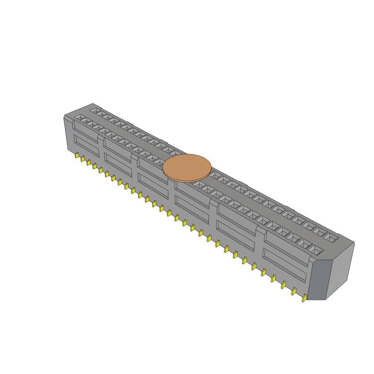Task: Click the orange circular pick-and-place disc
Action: (187, 168)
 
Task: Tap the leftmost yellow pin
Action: (77, 156)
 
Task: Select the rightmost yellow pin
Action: (304, 299)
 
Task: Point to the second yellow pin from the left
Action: (83, 159)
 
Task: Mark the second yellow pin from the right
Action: (293, 291)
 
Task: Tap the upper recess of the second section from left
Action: (118, 148)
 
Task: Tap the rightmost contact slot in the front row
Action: (316, 250)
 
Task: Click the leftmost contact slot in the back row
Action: (95, 110)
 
